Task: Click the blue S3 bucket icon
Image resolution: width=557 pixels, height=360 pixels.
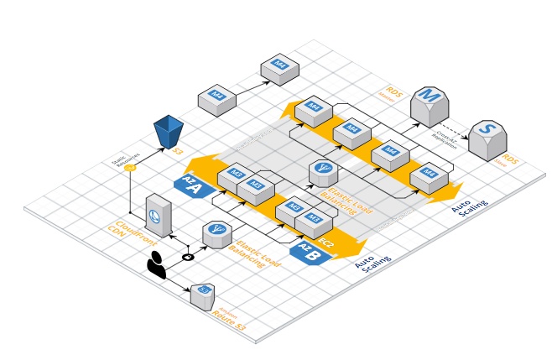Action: click(x=169, y=132)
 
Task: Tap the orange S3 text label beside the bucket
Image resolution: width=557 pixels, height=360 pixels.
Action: click(x=178, y=152)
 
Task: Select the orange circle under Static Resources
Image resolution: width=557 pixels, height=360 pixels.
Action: click(x=129, y=168)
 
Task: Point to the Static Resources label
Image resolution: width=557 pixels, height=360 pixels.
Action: click(x=125, y=158)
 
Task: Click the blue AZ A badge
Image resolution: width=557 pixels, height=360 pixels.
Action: click(x=192, y=185)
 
